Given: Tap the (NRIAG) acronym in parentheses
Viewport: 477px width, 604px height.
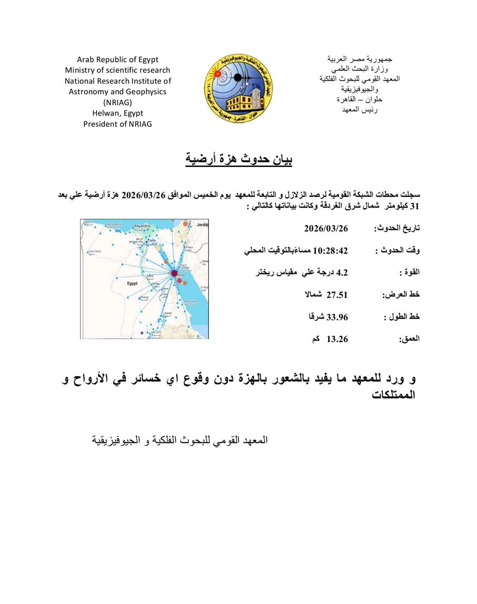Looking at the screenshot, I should pos(118,102).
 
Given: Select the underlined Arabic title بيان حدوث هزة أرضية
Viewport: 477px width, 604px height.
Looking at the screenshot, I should pos(239,160).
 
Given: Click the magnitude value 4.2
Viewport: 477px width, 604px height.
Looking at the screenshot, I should pos(342,273).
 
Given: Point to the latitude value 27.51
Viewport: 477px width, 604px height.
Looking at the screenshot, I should pos(337,295).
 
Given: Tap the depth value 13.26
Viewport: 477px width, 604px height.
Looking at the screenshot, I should pos(337,339).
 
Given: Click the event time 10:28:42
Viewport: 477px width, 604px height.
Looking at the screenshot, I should pos(330,251).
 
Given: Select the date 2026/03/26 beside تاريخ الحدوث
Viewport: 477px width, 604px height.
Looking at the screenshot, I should pos(326,228).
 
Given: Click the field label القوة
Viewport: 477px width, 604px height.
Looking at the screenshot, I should pos(409,273).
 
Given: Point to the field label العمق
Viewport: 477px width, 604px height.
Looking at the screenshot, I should pos(409,339).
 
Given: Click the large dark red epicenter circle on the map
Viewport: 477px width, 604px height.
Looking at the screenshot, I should pos(174,273).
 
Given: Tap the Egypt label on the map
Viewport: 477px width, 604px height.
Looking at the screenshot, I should pos(132,283).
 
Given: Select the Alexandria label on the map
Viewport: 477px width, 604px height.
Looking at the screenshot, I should pos(142,226).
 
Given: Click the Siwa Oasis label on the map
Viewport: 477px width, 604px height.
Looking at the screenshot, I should pos(94,252).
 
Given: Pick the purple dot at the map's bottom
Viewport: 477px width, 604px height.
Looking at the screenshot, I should pos(142,333).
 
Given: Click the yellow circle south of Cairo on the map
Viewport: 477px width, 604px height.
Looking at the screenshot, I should pos(158,249).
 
